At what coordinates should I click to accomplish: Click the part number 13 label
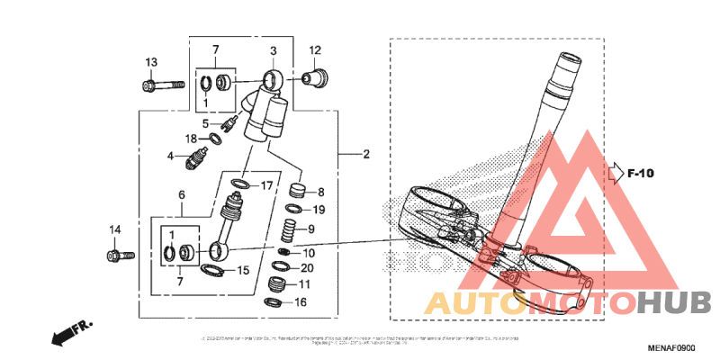coord(151,62)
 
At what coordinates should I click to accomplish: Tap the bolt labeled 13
coord(152,86)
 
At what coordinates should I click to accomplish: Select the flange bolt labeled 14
coord(118,256)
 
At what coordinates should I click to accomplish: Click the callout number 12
coord(315,50)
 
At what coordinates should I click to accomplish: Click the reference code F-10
coord(640,173)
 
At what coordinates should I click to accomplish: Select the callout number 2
coord(366,155)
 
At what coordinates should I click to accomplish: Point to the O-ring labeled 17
coord(239,185)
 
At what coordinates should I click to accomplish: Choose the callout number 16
coord(301,302)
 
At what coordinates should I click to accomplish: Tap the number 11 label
coord(303,284)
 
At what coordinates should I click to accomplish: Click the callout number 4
coord(169,157)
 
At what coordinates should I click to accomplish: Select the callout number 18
coord(191,139)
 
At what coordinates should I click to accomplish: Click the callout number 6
coord(182,194)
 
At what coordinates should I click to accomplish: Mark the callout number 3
coord(274,50)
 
